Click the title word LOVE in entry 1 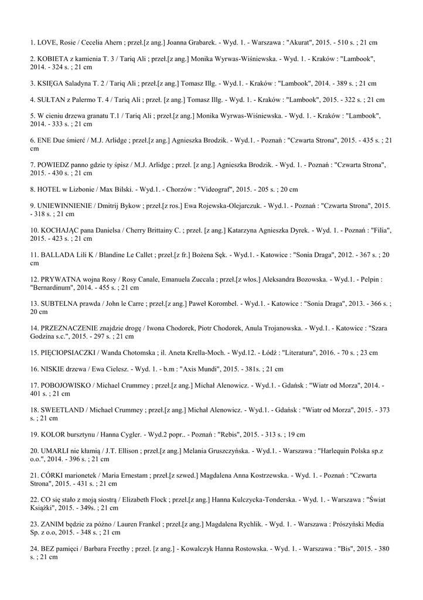click(x=46, y=43)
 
